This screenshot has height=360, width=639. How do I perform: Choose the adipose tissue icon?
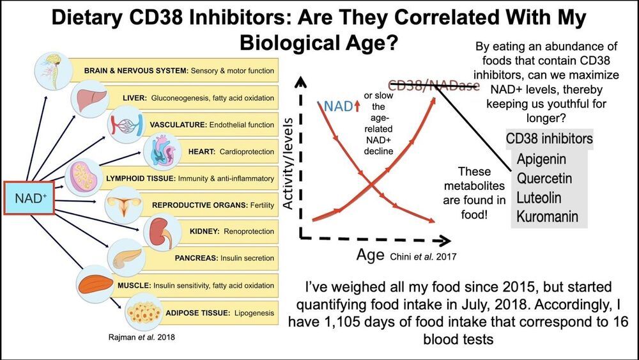coord(140,312)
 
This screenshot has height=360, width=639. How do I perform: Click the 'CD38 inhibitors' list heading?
coord(549,138)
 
